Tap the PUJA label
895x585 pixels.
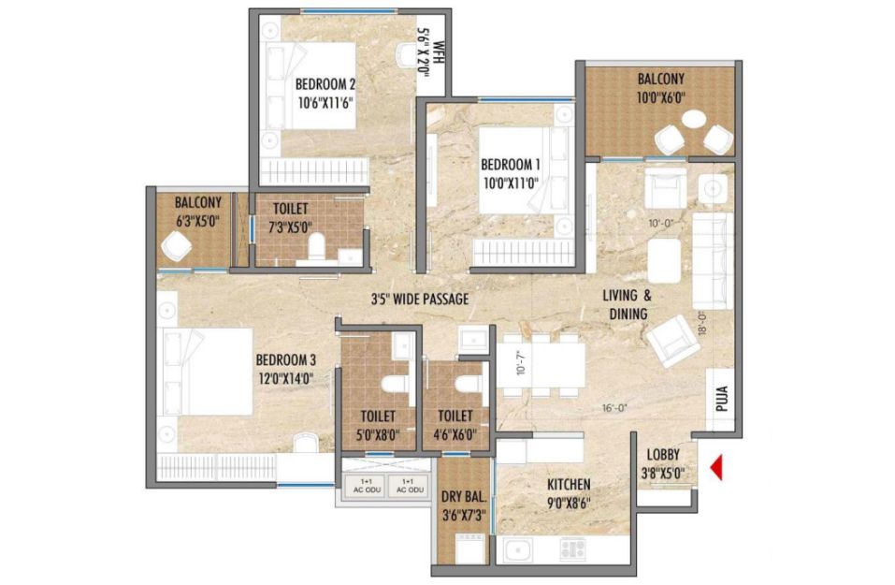pos(722,399)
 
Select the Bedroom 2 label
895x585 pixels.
pos(325,84)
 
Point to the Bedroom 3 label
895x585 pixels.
pos(285,360)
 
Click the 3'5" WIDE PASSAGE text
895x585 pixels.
pos(420,299)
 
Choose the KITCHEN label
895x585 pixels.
pos(570,485)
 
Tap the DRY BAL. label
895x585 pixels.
pos(464,496)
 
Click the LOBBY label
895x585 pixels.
pos(663,455)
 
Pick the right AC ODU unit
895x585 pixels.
pos(408,486)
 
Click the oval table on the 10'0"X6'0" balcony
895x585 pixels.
pos(694,120)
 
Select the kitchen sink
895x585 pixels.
pos(518,550)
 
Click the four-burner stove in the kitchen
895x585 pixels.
pos(572,549)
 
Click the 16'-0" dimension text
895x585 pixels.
pos(615,408)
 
